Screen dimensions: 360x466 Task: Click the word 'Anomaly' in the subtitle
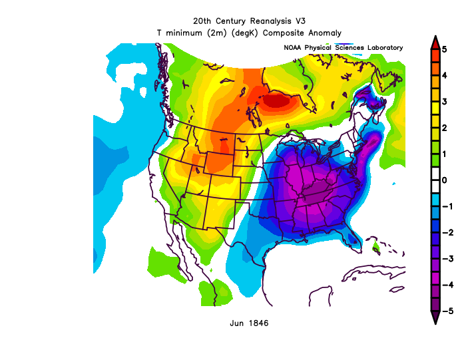324,33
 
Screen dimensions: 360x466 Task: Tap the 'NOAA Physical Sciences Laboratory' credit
343,48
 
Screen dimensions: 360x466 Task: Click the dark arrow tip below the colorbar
434,317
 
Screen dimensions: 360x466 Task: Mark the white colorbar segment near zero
434,180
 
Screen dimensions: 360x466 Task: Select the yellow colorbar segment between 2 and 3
434,114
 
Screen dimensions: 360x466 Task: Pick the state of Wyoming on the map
219,163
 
